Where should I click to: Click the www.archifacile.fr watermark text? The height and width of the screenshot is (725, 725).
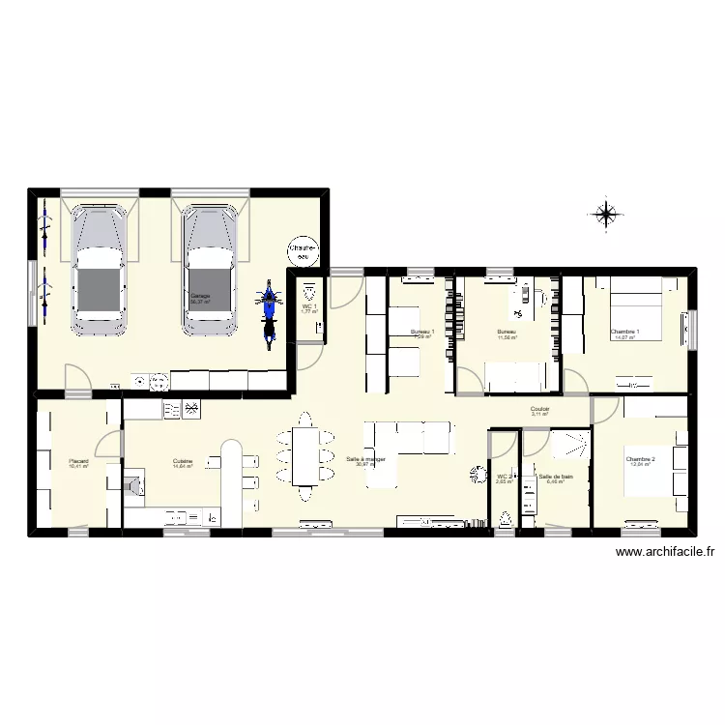666,553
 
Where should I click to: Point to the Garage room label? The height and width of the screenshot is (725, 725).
201,296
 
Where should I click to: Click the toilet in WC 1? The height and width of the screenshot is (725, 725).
309,291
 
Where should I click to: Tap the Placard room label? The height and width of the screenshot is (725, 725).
78,461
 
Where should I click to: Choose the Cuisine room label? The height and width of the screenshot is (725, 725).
182,461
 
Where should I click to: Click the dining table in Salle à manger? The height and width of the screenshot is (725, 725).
305,455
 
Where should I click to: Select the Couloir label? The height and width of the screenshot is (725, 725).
539,409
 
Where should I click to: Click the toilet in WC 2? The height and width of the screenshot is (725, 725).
506,519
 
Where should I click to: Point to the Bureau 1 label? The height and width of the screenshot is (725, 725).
422,333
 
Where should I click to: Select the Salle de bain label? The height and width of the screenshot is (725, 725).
555,476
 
